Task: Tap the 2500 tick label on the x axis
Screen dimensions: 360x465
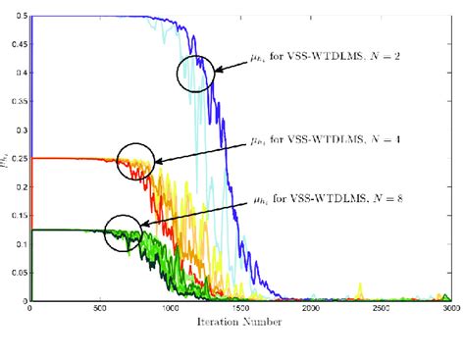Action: pyautogui.click(x=380, y=309)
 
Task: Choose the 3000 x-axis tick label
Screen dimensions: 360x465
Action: pyautogui.click(x=449, y=309)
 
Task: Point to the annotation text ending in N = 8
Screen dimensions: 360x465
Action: pyautogui.click(x=315, y=203)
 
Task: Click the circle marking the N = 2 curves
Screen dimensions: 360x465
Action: pyautogui.click(x=194, y=74)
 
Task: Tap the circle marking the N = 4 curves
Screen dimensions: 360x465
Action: pyautogui.click(x=135, y=161)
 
